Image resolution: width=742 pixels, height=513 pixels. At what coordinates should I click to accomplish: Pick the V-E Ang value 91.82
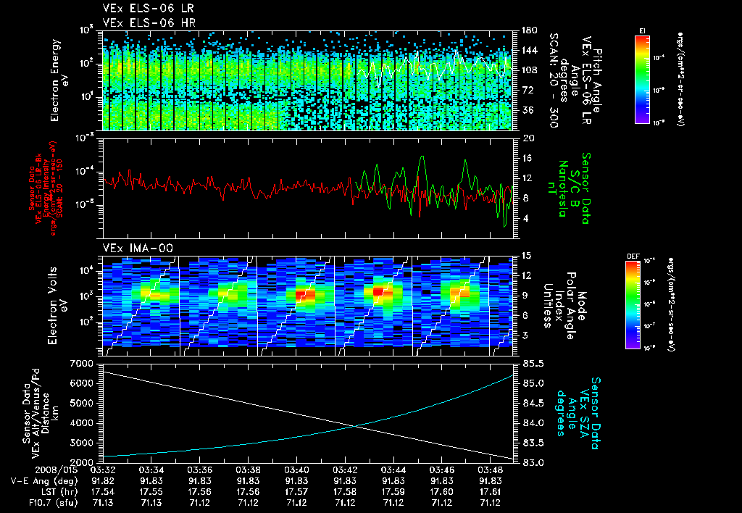(x=103, y=480)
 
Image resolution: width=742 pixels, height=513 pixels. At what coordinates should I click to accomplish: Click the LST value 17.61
(x=491, y=491)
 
